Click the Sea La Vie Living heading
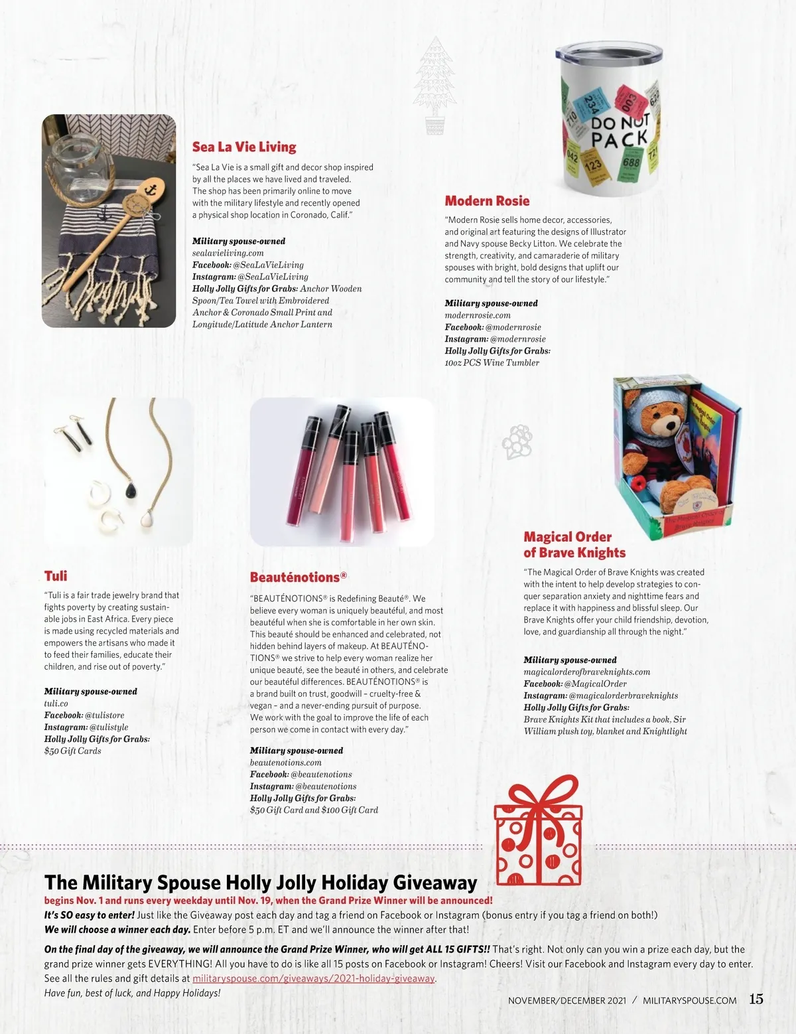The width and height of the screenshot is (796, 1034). tap(244, 147)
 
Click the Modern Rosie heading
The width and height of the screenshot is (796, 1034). tap(487, 200)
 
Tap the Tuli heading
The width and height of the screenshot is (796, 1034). tap(56, 575)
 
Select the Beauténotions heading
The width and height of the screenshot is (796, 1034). tap(298, 577)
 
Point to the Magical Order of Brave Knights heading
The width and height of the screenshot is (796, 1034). tap(574, 544)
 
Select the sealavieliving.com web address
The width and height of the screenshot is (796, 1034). tap(228, 253)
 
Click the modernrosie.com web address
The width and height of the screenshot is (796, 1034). tap(478, 315)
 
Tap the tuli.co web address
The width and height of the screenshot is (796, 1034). tap(56, 703)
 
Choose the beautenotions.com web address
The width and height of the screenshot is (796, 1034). tap(286, 763)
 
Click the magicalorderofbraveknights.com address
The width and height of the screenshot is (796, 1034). tap(586, 672)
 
